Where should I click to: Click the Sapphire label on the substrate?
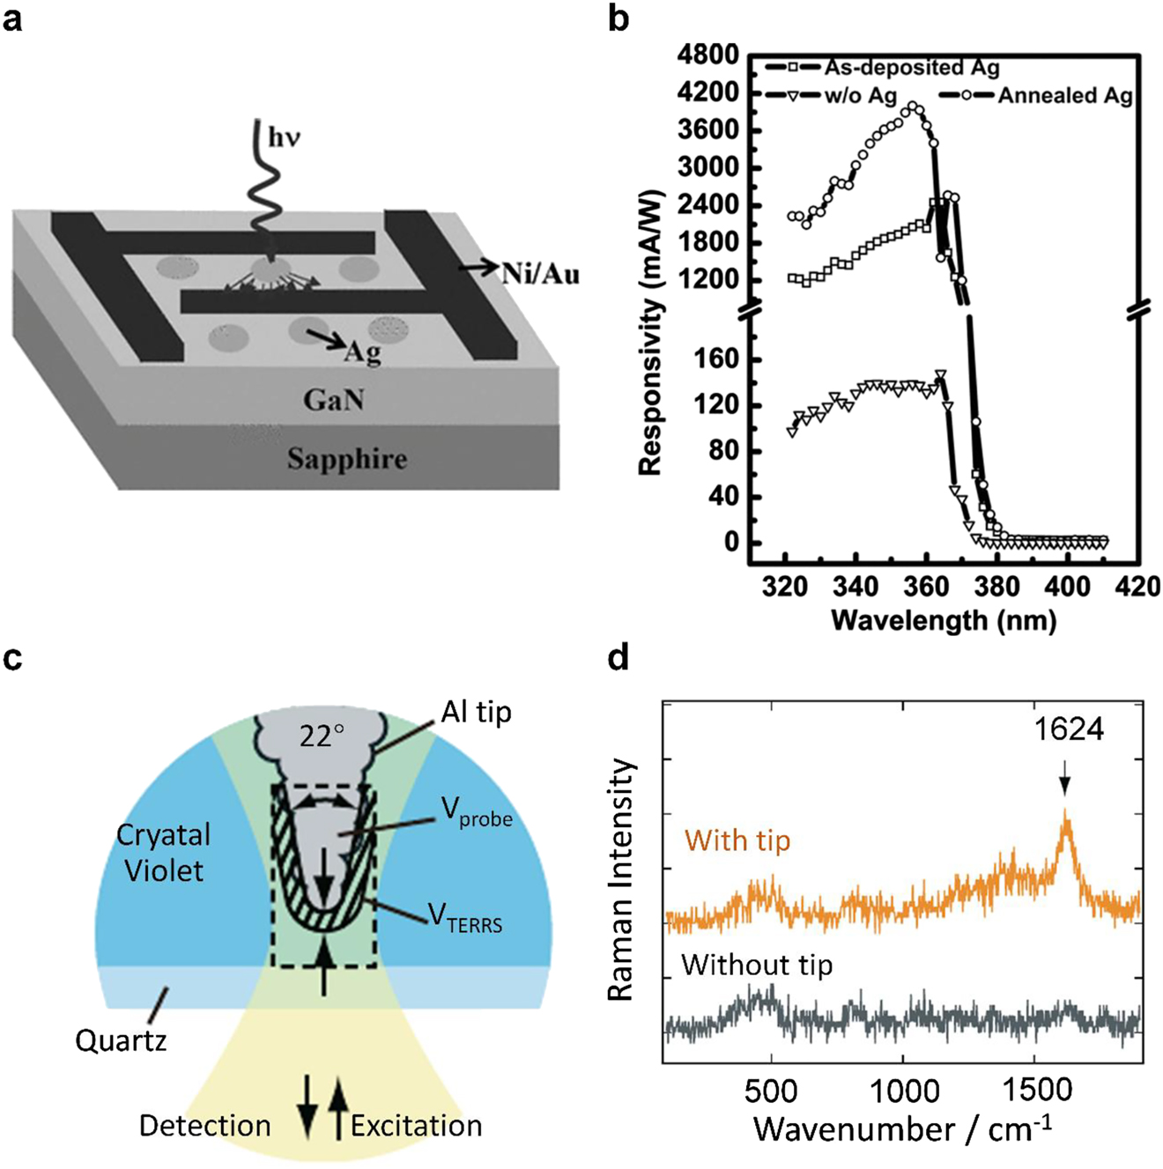347,459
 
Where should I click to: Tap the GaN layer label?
333,401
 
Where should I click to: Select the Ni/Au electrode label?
541,274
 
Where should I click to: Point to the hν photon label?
284,138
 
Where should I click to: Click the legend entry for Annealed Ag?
1064,96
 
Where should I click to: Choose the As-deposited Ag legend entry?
911,68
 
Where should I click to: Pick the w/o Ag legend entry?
860,96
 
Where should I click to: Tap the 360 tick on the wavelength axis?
924,587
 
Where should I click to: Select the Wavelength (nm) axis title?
943,620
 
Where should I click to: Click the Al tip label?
476,712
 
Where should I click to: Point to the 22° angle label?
321,735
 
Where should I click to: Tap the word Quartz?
121,1040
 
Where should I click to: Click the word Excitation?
416,1126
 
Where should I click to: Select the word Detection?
204,1126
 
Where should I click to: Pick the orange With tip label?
737,840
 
